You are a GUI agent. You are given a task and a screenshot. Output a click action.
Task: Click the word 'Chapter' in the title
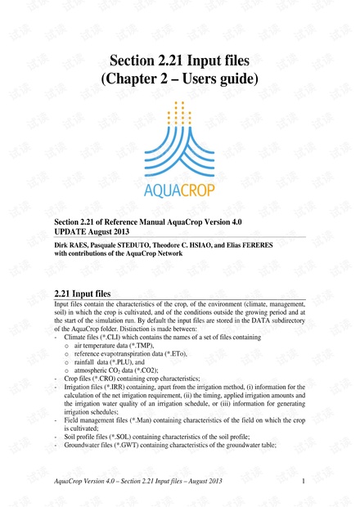(138, 79)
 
